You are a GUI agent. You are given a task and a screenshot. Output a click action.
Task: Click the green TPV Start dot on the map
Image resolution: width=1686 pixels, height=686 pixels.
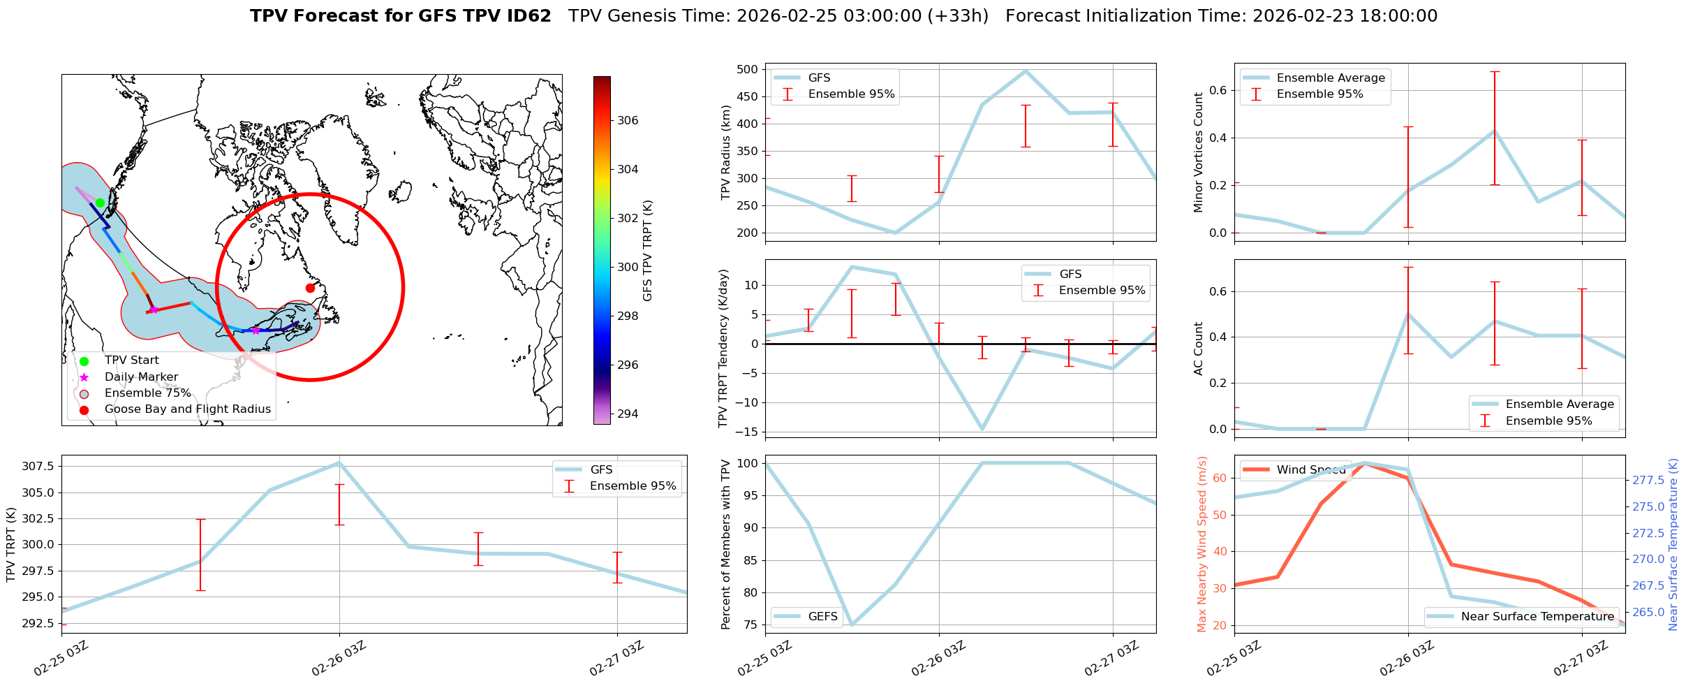[100, 203]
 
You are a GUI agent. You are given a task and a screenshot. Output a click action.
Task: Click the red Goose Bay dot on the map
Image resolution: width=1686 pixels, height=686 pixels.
[310, 288]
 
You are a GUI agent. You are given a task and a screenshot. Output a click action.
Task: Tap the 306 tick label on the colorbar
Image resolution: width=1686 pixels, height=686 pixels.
[628, 120]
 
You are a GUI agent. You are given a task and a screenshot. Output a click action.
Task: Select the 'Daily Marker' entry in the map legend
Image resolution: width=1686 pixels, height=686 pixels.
[141, 377]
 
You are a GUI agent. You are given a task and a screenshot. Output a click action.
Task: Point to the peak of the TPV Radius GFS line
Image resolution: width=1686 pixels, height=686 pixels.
[1026, 71]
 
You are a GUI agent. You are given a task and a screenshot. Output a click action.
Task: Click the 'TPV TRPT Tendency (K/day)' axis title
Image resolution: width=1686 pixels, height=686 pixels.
[723, 349]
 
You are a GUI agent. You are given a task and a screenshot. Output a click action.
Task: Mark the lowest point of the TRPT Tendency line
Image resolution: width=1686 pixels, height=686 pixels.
[982, 429]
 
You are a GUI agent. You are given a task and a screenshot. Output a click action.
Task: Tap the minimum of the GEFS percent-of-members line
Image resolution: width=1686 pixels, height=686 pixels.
[852, 625]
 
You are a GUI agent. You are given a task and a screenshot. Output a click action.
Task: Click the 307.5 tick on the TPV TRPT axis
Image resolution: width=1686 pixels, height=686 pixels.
[38, 466]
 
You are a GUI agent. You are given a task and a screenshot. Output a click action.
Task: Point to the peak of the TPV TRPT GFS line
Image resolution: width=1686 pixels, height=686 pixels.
[339, 462]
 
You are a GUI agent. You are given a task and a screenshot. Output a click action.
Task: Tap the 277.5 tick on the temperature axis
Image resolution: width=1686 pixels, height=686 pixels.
[1647, 480]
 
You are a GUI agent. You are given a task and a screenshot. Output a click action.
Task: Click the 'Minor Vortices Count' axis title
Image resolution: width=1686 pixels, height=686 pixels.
[1199, 152]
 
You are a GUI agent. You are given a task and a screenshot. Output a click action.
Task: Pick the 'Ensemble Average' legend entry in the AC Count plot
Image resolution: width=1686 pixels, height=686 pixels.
[1559, 404]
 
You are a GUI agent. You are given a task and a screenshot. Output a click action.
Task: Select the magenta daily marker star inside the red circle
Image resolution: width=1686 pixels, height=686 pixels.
[256, 330]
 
